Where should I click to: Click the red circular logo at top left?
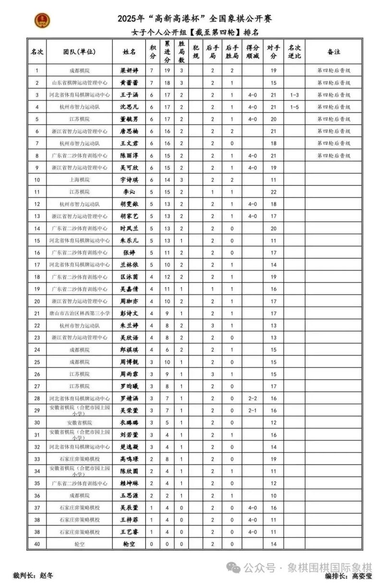pos(43,20)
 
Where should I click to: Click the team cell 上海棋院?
pos(79,180)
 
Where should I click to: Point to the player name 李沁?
pos(129,192)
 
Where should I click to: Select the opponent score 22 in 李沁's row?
pos(274,192)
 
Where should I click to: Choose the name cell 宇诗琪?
pos(129,180)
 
